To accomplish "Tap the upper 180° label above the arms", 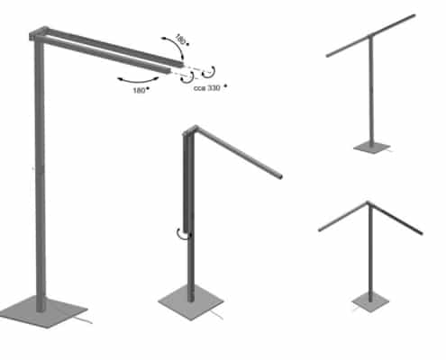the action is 181,40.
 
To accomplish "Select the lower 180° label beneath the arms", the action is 141,90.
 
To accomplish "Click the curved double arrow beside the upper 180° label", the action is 174,48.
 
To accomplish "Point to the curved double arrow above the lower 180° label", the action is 138,81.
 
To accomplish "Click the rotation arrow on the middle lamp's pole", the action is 183,234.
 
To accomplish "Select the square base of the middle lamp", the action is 191,302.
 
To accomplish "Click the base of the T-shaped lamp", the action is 372,148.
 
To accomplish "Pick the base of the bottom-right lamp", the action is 370,301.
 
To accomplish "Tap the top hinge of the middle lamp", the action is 190,130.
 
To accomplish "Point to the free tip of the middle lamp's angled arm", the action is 280,176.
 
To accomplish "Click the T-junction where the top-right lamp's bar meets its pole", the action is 369,36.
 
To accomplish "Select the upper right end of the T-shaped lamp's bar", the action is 414,15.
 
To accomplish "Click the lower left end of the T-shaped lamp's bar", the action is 328,55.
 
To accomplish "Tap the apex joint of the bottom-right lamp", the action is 369,203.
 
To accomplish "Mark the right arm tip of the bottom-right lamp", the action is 421,232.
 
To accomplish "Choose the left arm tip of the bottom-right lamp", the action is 320,230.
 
